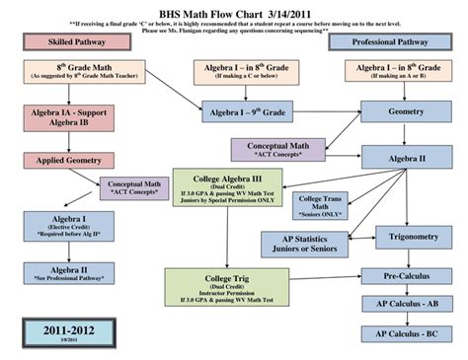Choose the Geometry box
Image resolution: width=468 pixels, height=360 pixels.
(x=406, y=113)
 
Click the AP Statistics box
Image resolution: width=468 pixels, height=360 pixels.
(x=304, y=242)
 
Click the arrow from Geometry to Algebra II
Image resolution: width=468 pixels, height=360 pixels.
(x=406, y=135)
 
